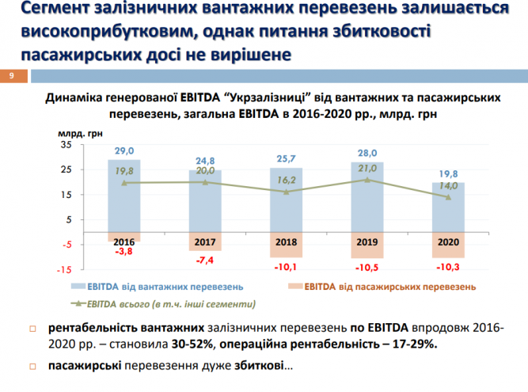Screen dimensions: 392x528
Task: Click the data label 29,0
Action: coord(124,150)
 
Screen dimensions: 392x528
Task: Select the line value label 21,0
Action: coord(367,168)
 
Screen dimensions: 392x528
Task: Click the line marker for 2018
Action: coord(287,192)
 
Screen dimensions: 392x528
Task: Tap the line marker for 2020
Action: coord(448,197)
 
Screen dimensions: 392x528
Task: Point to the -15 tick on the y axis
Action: coord(64,268)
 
